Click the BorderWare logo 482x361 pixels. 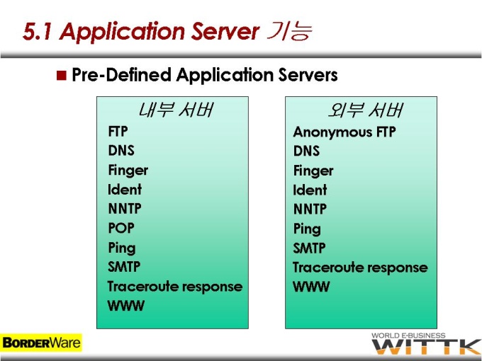[41, 343]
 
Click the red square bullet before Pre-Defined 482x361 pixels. [62, 75]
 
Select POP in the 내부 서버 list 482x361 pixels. [121, 228]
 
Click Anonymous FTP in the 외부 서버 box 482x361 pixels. [344, 132]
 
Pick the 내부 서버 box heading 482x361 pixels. [175, 110]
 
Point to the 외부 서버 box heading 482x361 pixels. [365, 110]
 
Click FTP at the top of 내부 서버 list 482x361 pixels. [118, 132]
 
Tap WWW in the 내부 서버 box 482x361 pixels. [126, 306]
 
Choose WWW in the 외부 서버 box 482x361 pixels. [311, 287]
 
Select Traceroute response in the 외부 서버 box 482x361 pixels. [360, 268]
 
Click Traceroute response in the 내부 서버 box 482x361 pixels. [175, 287]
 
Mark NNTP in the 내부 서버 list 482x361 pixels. [125, 209]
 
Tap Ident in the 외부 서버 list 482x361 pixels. [310, 190]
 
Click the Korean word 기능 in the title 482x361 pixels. [289, 32]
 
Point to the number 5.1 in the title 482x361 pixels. [37, 32]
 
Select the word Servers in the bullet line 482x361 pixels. [308, 75]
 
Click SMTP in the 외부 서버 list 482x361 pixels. [309, 248]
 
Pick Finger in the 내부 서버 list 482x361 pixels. [128, 171]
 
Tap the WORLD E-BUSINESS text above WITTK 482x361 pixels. [408, 336]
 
